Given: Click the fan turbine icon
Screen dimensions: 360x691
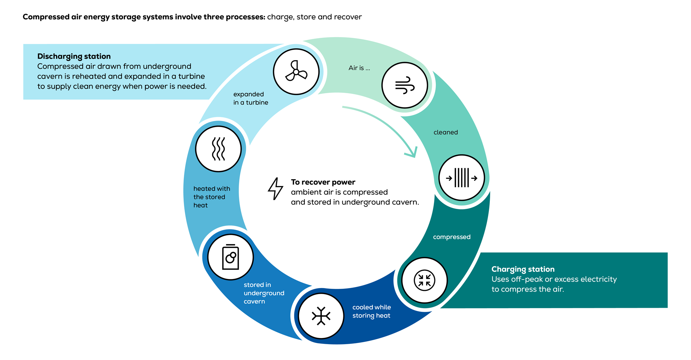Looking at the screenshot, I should click(296, 72).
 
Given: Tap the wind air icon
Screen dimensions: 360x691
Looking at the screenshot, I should click(405, 85).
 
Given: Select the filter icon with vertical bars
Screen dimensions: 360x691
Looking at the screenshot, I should click(461, 178).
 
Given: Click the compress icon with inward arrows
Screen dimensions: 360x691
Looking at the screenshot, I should click(424, 280).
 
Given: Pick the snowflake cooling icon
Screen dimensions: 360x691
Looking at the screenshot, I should click(321, 316).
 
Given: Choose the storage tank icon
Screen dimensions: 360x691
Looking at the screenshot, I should click(230, 257).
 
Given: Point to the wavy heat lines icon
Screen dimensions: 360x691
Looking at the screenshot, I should click(218, 149).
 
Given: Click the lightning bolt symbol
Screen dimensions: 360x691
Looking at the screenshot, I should click(276, 188).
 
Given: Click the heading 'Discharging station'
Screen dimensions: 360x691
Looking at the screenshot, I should click(74, 57).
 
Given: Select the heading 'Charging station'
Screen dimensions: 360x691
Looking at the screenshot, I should click(523, 269).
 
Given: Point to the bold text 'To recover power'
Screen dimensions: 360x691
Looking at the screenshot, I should click(323, 182).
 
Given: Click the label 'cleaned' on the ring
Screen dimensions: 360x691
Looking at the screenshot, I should click(446, 132).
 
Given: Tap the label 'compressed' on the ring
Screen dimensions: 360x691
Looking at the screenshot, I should click(452, 237).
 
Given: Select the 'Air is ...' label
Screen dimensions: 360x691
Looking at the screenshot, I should click(359, 68).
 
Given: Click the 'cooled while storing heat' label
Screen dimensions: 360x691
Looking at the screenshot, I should click(371, 311).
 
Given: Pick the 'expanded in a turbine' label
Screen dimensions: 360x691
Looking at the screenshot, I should click(250, 98).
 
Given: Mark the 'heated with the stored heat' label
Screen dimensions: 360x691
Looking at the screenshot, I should click(211, 197).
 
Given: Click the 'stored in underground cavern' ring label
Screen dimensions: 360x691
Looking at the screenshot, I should click(263, 293).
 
